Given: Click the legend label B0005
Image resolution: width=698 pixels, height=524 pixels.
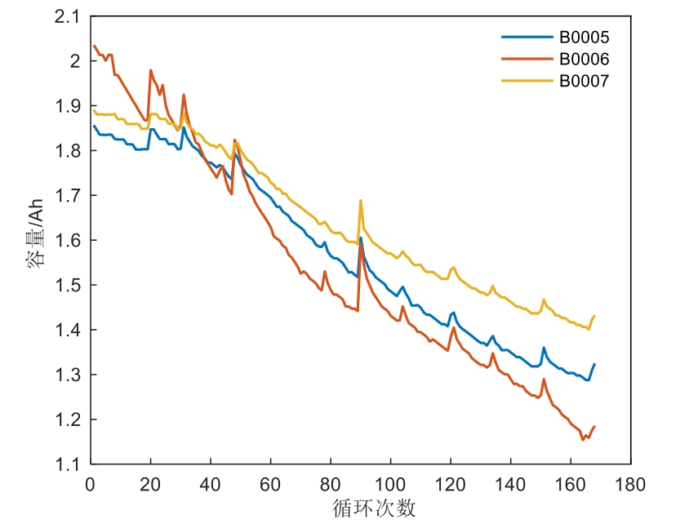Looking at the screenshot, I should (584, 38).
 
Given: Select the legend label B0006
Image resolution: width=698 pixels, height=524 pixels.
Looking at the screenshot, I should (584, 59).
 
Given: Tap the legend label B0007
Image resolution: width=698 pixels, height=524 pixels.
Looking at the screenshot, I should (584, 81).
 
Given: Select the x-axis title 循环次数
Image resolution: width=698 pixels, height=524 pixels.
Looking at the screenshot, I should (375, 508).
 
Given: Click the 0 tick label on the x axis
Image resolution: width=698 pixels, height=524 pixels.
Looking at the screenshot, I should (90, 482).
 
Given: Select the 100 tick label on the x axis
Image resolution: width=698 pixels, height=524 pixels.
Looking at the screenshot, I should (390, 482).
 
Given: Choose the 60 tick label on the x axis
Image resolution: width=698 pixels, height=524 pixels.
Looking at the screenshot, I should (270, 482).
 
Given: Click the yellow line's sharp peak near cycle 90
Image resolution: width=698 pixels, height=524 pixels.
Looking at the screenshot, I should (360, 200).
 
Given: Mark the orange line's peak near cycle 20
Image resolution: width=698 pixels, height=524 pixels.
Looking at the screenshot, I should (151, 70).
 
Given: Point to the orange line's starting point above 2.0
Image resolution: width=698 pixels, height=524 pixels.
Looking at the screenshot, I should (94, 46).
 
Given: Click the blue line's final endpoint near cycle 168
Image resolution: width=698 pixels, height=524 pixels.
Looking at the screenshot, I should (594, 364).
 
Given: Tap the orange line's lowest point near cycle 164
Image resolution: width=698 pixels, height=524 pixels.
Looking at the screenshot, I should (583, 439).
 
